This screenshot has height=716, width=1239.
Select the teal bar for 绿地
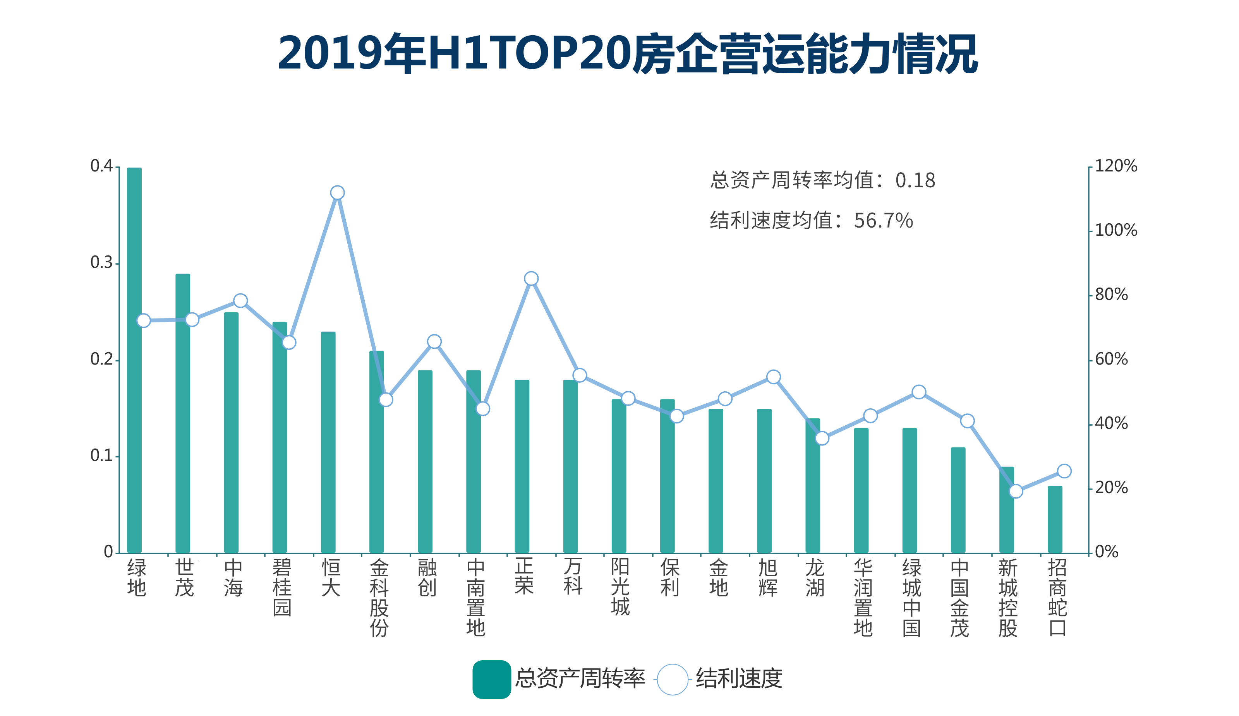coord(134,360)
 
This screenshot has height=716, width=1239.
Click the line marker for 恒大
coord(337,193)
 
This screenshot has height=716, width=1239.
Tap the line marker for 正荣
coord(531,279)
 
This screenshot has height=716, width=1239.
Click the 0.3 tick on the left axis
coord(102,262)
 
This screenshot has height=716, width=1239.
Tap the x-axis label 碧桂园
coord(282,587)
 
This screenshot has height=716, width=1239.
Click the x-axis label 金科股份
coord(379,598)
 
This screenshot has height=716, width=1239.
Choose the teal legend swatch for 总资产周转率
coord(491,679)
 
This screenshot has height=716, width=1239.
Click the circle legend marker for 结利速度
coord(672,680)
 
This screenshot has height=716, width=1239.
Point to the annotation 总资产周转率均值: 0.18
coord(822,180)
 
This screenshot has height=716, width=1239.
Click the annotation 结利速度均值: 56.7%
coord(811,221)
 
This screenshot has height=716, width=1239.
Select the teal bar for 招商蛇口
coord(1055,519)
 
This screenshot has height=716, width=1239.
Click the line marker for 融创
coord(434,341)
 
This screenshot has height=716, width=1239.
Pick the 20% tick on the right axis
coord(1111,488)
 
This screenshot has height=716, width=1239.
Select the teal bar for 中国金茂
coord(958,500)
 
